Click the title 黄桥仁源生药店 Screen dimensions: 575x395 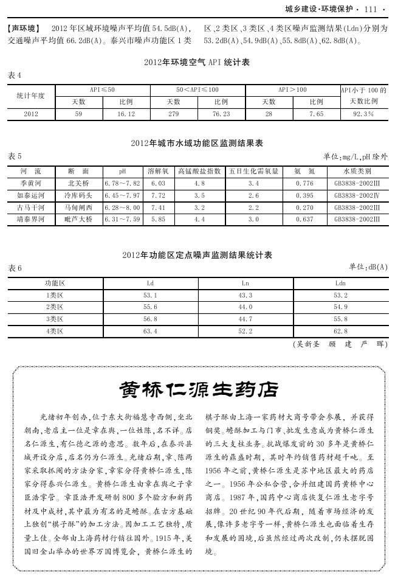click(198, 388)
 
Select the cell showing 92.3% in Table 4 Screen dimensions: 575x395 click(363, 114)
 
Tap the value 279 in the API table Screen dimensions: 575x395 click(173, 114)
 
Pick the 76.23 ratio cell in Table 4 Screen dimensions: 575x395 click(221, 114)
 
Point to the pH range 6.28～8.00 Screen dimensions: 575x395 click(122, 207)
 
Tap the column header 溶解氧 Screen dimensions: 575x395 click(158, 171)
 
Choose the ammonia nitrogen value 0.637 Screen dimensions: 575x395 click(304, 219)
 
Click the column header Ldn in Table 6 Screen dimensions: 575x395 click(341, 283)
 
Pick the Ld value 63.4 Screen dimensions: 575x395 click(150, 331)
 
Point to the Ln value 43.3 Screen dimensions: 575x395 click(246, 295)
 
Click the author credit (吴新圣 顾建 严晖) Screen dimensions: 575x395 click(339, 344)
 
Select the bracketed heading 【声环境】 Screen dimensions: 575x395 click(24, 29)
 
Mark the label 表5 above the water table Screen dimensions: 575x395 click(15, 156)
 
